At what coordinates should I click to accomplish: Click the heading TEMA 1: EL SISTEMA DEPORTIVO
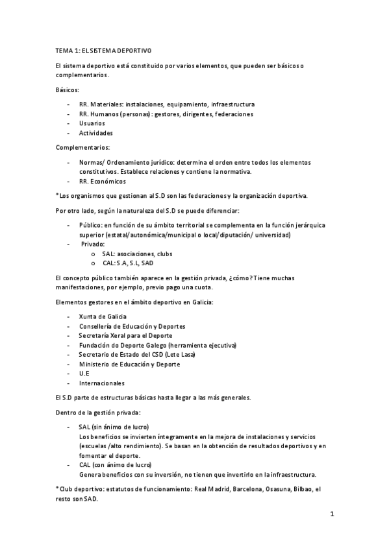tap(104, 50)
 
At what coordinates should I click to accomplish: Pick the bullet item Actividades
tap(96, 133)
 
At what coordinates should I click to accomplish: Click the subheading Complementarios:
tap(83, 147)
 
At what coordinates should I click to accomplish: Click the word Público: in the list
tap(90, 224)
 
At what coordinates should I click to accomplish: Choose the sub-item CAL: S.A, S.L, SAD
tap(128, 263)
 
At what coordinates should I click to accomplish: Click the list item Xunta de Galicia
tap(103, 317)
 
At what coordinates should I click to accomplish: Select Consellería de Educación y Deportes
tap(132, 326)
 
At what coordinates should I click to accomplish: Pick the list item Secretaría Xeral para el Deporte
tap(126, 336)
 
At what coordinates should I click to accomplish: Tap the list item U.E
tap(84, 374)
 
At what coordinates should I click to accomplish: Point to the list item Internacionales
tap(102, 383)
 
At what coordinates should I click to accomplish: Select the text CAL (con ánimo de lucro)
tap(115, 465)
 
